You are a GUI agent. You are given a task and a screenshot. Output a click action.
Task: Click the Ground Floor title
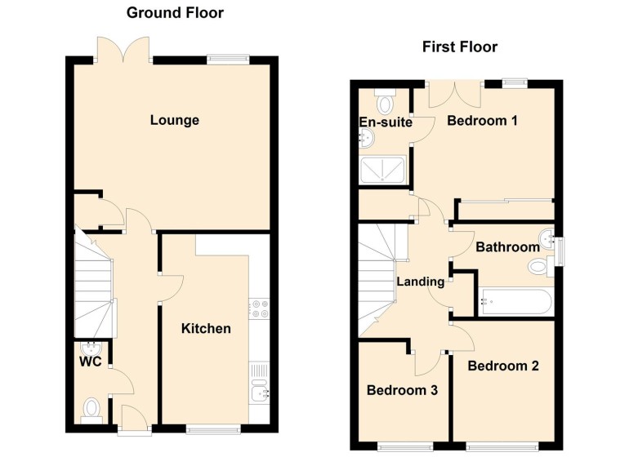tap(175, 13)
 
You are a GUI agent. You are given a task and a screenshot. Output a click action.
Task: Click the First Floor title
tap(460, 47)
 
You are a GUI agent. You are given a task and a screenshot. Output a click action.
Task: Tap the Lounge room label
tap(175, 120)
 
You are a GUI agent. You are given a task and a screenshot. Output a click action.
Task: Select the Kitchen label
tap(206, 329)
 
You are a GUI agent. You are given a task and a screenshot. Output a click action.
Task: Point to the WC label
tap(90, 362)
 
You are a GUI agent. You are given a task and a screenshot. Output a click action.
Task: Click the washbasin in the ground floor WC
tap(91, 348)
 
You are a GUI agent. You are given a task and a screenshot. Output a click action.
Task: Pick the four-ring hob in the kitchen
tap(259, 308)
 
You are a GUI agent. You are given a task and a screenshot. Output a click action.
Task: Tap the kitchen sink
tap(259, 382)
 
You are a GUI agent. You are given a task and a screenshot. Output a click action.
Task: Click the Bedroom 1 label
tap(482, 120)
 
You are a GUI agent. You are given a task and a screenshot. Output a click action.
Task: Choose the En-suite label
tap(386, 122)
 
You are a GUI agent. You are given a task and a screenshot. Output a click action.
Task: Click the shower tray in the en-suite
tap(382, 170)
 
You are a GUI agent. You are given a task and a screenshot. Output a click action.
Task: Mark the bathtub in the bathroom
tap(515, 302)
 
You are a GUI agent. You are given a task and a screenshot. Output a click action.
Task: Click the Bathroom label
tap(507, 247)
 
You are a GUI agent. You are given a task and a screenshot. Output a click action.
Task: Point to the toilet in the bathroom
tap(541, 267)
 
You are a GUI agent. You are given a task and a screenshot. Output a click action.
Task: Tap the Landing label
tap(421, 282)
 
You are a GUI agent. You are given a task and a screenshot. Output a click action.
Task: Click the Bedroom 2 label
tap(503, 366)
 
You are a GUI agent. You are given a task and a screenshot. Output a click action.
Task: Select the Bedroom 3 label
tap(402, 390)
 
